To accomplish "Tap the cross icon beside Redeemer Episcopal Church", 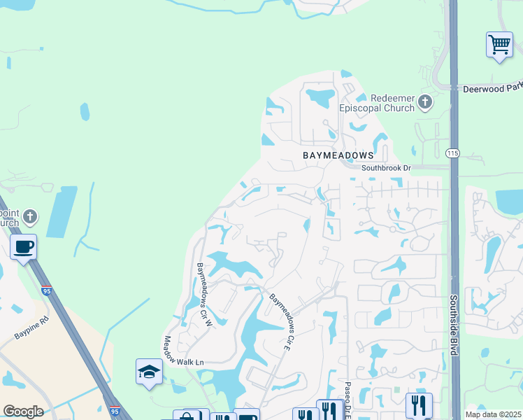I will pos(424,104).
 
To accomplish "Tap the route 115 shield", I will pos(453,152).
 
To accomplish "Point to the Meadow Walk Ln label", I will pos(183,352).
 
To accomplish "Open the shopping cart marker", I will pos(499,45).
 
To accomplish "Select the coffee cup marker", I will pos(24,248).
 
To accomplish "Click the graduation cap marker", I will pos(148,372).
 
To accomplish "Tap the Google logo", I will pos(23,412).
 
